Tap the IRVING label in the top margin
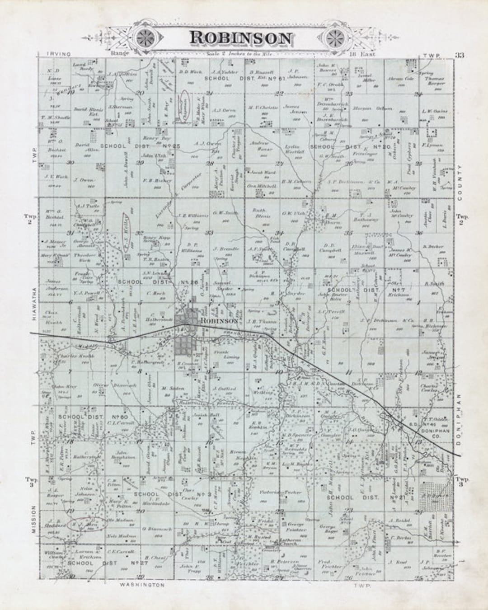[x=59, y=54]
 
